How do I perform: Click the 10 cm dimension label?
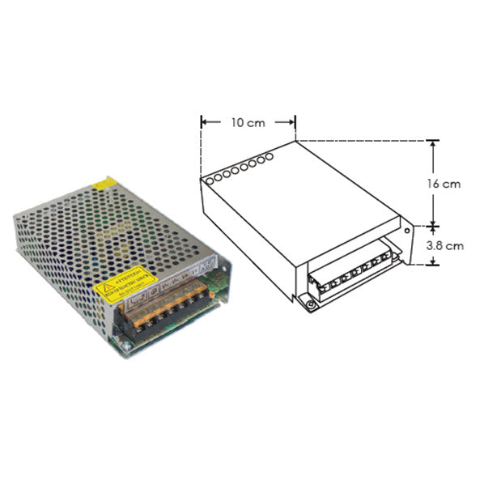tap(247, 123)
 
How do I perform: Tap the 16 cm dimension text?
tap(444, 184)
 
